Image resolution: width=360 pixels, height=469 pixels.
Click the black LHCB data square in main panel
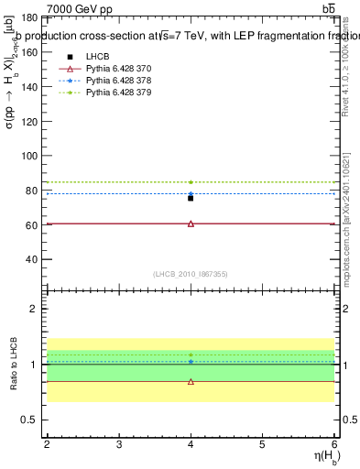pos(191,198)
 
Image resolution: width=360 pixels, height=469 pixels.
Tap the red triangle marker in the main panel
pos(191,224)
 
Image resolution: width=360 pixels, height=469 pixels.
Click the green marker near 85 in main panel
pos(191,181)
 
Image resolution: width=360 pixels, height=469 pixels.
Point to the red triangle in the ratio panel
pos(191,381)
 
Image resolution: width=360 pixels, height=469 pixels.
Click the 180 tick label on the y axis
pos(29,17)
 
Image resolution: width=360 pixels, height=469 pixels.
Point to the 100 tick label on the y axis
pos(29,156)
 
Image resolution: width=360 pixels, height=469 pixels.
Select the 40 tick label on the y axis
pos(32,259)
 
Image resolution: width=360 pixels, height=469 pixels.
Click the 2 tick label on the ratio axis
pos(36,309)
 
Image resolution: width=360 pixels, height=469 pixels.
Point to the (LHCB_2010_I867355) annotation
pos(191,274)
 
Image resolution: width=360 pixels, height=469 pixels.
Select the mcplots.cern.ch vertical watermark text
pos(348,220)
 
